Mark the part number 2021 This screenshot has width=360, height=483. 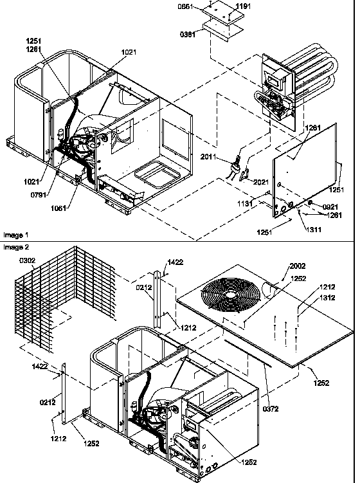261,183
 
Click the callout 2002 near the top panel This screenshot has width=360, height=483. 298,266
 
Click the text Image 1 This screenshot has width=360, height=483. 15,235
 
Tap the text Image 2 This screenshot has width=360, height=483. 15,246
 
